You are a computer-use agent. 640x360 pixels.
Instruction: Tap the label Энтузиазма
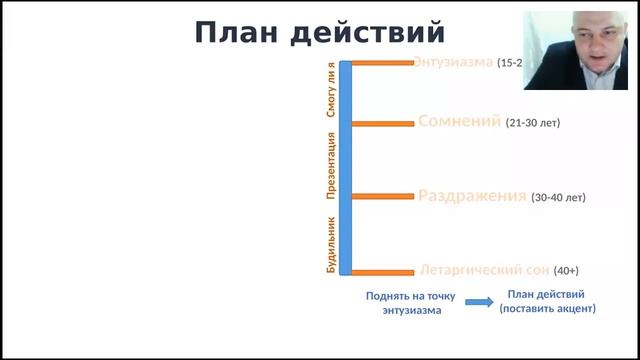pyautogui.click(x=455, y=62)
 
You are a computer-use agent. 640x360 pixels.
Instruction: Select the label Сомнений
pyautogui.click(x=459, y=122)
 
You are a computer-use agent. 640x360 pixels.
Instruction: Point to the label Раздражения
pyautogui.click(x=472, y=196)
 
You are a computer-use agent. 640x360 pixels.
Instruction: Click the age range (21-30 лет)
pyautogui.click(x=533, y=123)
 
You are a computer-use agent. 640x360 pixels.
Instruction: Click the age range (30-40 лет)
pyautogui.click(x=558, y=197)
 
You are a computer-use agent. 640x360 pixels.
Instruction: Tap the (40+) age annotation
pyautogui.click(x=566, y=271)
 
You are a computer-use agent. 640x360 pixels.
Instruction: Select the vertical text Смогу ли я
pyautogui.click(x=331, y=91)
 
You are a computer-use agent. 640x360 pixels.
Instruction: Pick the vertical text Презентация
pyautogui.click(x=331, y=165)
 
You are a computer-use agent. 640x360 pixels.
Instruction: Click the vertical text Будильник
pyautogui.click(x=331, y=246)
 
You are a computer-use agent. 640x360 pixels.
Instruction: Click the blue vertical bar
pyautogui.click(x=345, y=168)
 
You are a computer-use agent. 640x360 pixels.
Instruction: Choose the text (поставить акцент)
pyautogui.click(x=547, y=309)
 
